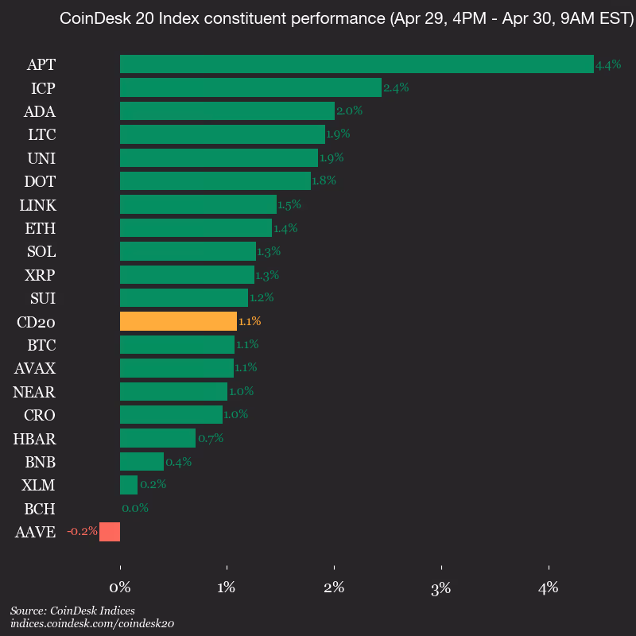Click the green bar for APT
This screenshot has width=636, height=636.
(x=356, y=64)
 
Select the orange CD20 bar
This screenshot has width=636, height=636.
(x=178, y=321)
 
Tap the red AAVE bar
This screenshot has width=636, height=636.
(x=110, y=531)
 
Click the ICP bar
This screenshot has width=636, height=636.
(x=250, y=87)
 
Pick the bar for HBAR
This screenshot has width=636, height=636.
(x=157, y=438)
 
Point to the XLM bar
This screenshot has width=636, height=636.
(x=129, y=485)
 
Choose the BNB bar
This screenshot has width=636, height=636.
(x=142, y=461)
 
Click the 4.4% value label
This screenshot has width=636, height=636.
(x=608, y=65)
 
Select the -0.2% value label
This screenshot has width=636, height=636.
(x=82, y=531)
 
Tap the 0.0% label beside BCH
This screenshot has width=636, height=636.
(x=135, y=508)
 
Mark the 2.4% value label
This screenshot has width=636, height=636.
(x=396, y=88)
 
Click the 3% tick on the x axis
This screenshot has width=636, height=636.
(x=440, y=588)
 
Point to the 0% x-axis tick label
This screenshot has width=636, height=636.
(x=119, y=588)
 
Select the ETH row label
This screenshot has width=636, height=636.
(x=41, y=228)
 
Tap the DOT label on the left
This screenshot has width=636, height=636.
(x=41, y=181)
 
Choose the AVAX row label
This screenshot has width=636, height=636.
(x=36, y=368)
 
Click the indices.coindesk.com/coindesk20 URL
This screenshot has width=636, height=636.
(x=92, y=624)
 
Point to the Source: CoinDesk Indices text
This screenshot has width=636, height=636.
(x=72, y=611)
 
